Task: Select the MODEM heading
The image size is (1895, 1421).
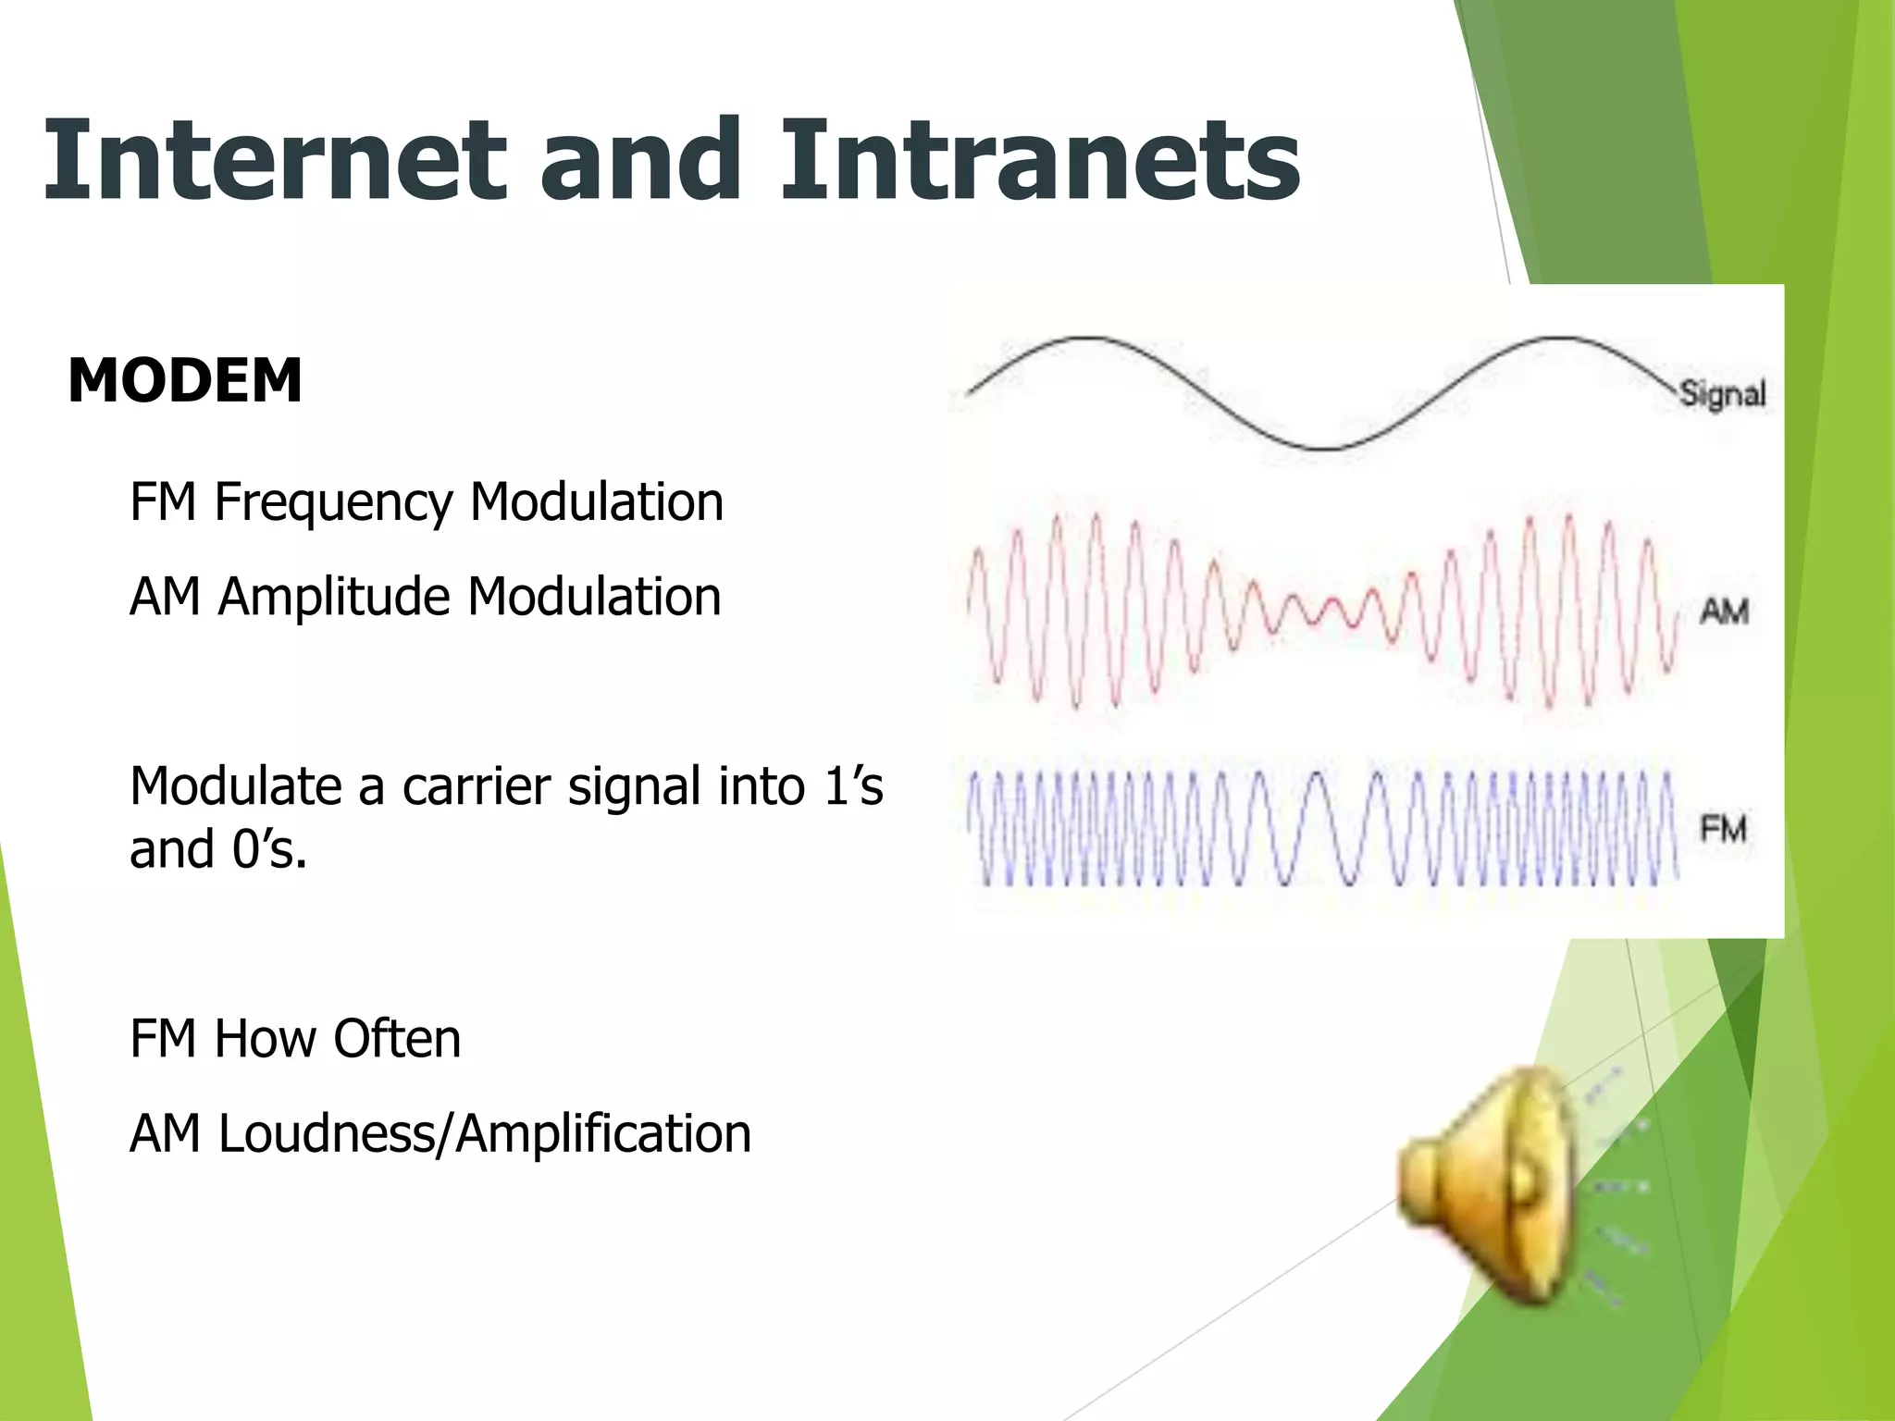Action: (x=185, y=380)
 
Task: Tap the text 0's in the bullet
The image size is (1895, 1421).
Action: (x=268, y=849)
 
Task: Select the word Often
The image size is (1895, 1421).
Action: (x=397, y=1039)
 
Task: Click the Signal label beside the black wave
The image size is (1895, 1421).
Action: (x=1722, y=394)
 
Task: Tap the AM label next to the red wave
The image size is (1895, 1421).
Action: (x=1724, y=612)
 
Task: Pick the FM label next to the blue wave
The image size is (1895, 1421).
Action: (x=1723, y=829)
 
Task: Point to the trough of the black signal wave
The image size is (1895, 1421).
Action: (x=1326, y=448)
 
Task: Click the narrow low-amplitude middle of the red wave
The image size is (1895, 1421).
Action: (x=1323, y=612)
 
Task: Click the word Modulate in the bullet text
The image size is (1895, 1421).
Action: (x=235, y=787)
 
